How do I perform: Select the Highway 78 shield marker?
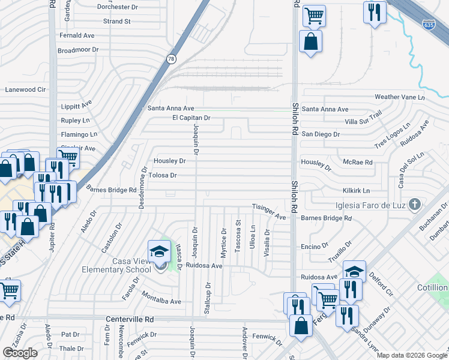(171, 58)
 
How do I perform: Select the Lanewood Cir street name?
(25, 89)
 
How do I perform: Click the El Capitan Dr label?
(191, 118)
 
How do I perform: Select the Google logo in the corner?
(20, 353)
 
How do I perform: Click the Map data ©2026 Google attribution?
(412, 355)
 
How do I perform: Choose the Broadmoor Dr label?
(77, 50)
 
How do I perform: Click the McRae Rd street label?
(359, 162)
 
